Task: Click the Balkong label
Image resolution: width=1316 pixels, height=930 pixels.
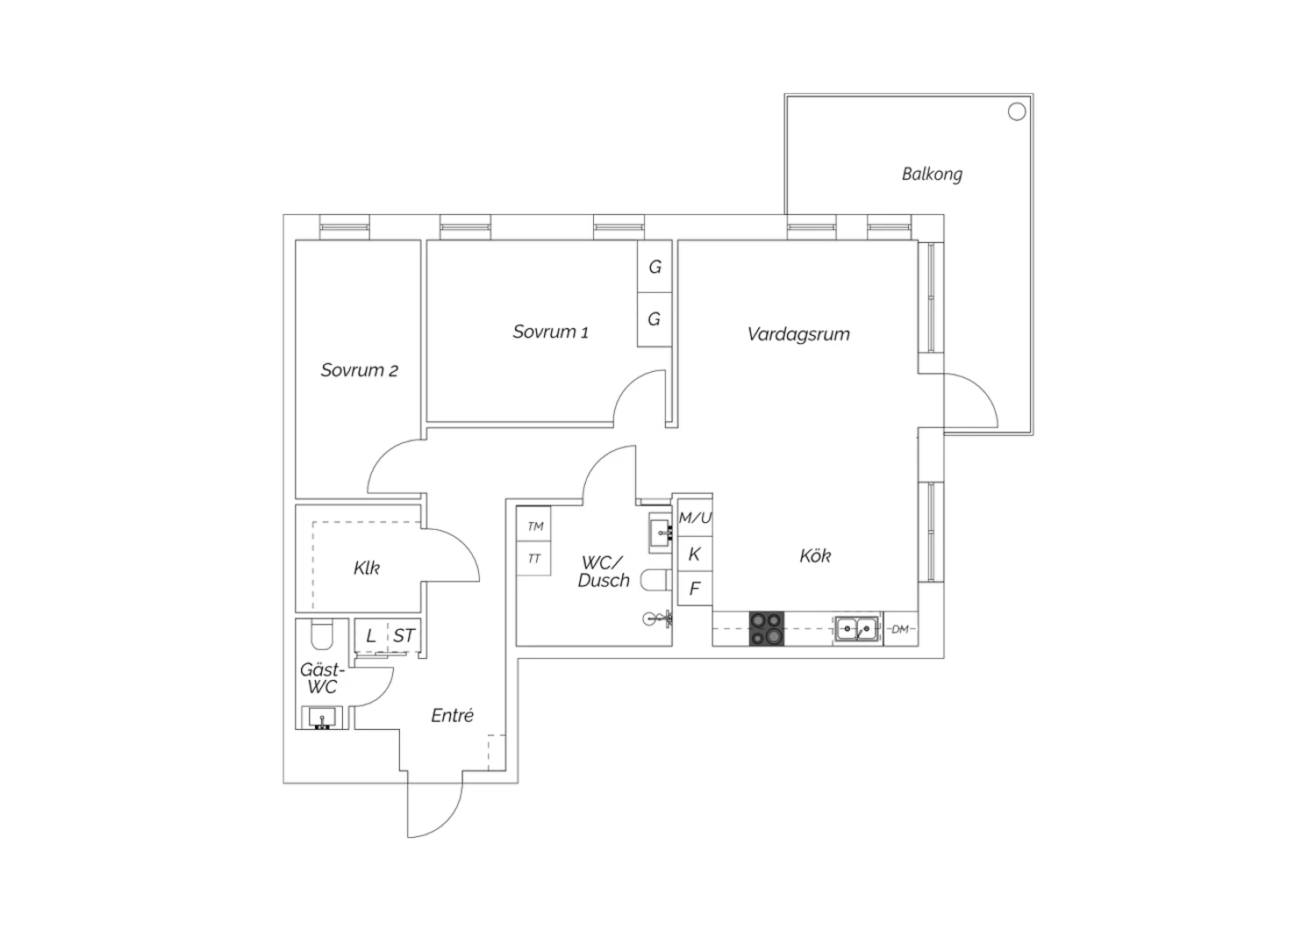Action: (x=932, y=175)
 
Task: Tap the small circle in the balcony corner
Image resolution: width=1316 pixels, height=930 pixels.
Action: (x=1016, y=111)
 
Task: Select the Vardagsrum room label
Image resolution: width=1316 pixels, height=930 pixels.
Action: (x=798, y=334)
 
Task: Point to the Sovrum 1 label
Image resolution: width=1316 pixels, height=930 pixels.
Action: (x=550, y=332)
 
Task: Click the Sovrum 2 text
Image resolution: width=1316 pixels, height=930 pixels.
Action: (x=359, y=370)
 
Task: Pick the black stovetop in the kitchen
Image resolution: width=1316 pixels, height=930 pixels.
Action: (x=766, y=628)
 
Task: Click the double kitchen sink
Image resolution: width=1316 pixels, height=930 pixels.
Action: (x=856, y=628)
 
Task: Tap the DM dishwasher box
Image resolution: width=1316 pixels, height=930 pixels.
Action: (x=901, y=629)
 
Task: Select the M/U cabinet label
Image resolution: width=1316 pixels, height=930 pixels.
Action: (x=695, y=518)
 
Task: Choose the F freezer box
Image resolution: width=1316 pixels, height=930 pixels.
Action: (x=695, y=588)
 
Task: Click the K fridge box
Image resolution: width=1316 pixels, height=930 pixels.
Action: (x=695, y=554)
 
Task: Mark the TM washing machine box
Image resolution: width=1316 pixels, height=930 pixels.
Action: (x=533, y=525)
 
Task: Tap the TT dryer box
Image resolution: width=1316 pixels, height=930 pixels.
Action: (x=533, y=559)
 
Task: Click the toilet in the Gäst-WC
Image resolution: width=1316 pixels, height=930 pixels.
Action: (x=321, y=634)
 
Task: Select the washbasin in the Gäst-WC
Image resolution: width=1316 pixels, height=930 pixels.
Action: (x=322, y=718)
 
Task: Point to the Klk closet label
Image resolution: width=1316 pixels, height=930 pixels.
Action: (x=367, y=569)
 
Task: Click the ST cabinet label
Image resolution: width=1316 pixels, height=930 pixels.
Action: (x=404, y=636)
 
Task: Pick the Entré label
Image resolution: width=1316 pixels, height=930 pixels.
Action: (x=453, y=716)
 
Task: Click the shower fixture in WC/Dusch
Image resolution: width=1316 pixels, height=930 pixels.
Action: (x=657, y=619)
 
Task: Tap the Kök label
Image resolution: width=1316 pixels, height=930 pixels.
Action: (x=815, y=555)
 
